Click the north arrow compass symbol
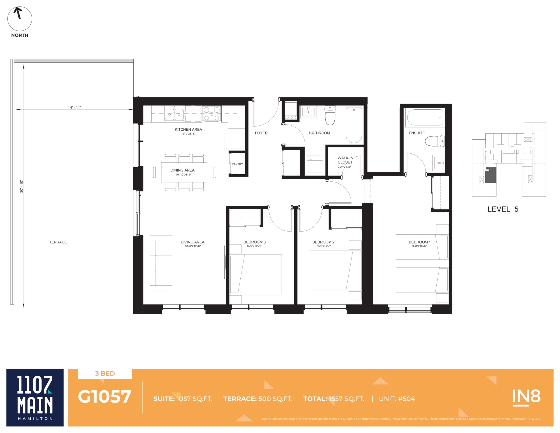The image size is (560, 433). tap(19, 19)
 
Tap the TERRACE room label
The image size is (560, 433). tap(58, 242)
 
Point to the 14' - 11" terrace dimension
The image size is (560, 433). tap(75, 107)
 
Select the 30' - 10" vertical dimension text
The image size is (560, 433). tap(21, 186)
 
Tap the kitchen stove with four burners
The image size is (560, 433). tap(212, 114)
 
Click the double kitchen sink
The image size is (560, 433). tap(174, 113)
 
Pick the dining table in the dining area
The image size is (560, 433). tap(184, 172)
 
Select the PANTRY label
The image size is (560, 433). tap(237, 164)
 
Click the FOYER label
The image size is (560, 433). tap(261, 133)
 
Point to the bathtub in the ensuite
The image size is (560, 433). tap(425, 118)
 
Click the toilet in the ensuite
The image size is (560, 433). tap(434, 141)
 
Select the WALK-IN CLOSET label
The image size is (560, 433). tap(345, 160)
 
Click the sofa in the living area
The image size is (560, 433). tap(161, 263)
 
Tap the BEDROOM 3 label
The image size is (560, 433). tap(254, 242)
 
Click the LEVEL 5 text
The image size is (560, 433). tap(503, 209)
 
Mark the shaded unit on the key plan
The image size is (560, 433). tap(491, 175)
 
